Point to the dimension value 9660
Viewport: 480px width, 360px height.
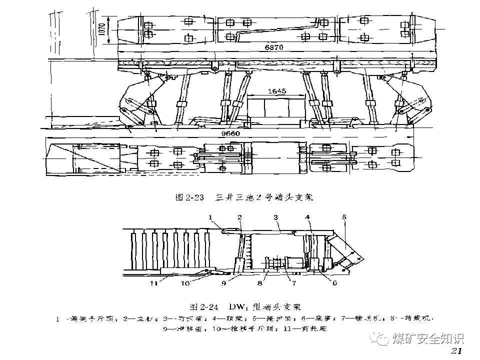coord(229,133)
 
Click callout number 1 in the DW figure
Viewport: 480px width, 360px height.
coord(210,217)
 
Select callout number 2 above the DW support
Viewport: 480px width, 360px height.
coord(240,217)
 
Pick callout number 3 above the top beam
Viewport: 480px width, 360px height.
coord(275,217)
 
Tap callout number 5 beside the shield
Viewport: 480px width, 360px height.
coord(344,217)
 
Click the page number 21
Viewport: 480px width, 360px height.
coord(457,350)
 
